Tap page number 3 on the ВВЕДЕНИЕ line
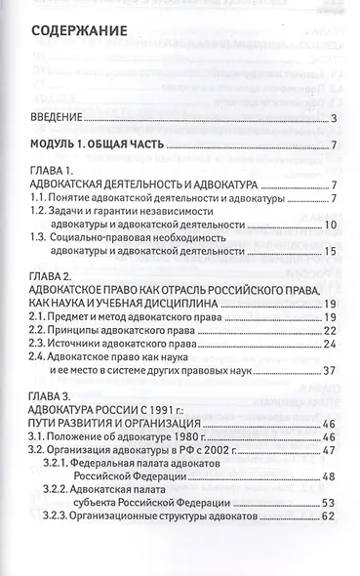point(334,120)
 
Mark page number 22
point(330,330)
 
